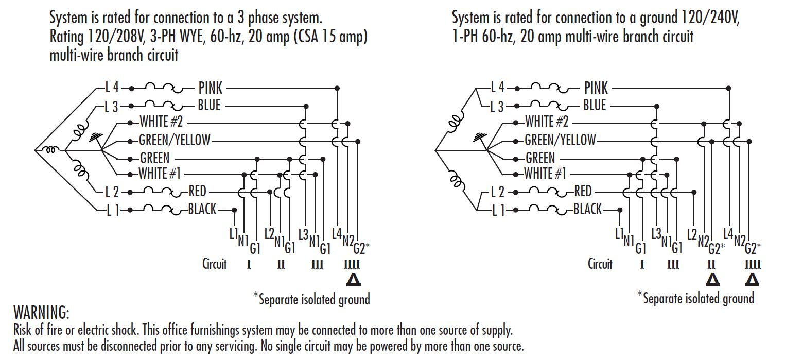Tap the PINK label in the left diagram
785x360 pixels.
(210, 88)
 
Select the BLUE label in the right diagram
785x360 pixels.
(595, 106)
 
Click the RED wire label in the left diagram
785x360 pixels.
(197, 192)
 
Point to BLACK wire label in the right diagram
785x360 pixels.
(587, 209)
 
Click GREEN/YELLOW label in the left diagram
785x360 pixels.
(175, 140)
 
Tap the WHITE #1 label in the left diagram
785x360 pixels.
(160, 174)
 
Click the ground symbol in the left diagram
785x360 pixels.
(94, 137)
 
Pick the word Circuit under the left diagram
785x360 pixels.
(214, 264)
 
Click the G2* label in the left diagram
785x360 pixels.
(361, 249)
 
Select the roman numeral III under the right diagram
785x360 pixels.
(673, 265)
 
